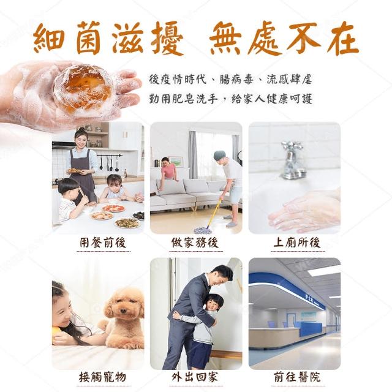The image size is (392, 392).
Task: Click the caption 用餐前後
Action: (103, 243)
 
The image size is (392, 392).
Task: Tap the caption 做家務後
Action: (195, 243)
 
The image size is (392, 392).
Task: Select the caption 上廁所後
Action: (297, 243)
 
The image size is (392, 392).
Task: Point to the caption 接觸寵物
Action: (102, 377)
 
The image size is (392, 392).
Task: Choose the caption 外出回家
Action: (195, 377)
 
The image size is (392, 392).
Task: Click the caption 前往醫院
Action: (297, 377)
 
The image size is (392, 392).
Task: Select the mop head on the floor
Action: (203, 229)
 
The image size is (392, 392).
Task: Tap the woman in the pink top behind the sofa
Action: (168, 168)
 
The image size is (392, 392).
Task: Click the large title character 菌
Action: (88, 38)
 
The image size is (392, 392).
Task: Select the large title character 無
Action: (225, 38)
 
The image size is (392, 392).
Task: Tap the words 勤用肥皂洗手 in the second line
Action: (183, 99)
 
